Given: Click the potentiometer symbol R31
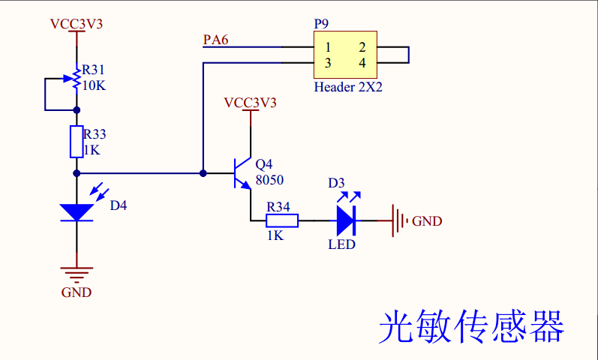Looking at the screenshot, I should point(76,79).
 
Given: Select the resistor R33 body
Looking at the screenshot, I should point(76,142).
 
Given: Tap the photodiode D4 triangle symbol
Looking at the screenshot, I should point(76,212).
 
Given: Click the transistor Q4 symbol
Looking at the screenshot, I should point(241,172).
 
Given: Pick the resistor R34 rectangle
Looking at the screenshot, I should point(283,220).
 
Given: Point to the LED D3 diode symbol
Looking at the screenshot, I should point(345,220).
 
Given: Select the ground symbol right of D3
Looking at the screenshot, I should point(398,220).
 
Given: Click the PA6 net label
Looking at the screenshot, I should point(216,39).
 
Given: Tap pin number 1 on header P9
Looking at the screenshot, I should point(328,47).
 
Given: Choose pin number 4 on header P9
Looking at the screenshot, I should point(362,63).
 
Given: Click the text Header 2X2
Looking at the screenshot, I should point(348,87).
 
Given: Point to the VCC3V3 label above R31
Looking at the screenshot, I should point(76,23).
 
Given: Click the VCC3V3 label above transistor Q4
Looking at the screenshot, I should point(250,102).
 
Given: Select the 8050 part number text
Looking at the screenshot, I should point(269,179).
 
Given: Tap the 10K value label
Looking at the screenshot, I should point(94,85).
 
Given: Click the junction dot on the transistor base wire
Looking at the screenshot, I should point(203,172).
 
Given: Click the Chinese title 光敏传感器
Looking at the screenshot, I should point(471,327).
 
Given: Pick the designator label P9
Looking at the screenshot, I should point(321,24).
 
